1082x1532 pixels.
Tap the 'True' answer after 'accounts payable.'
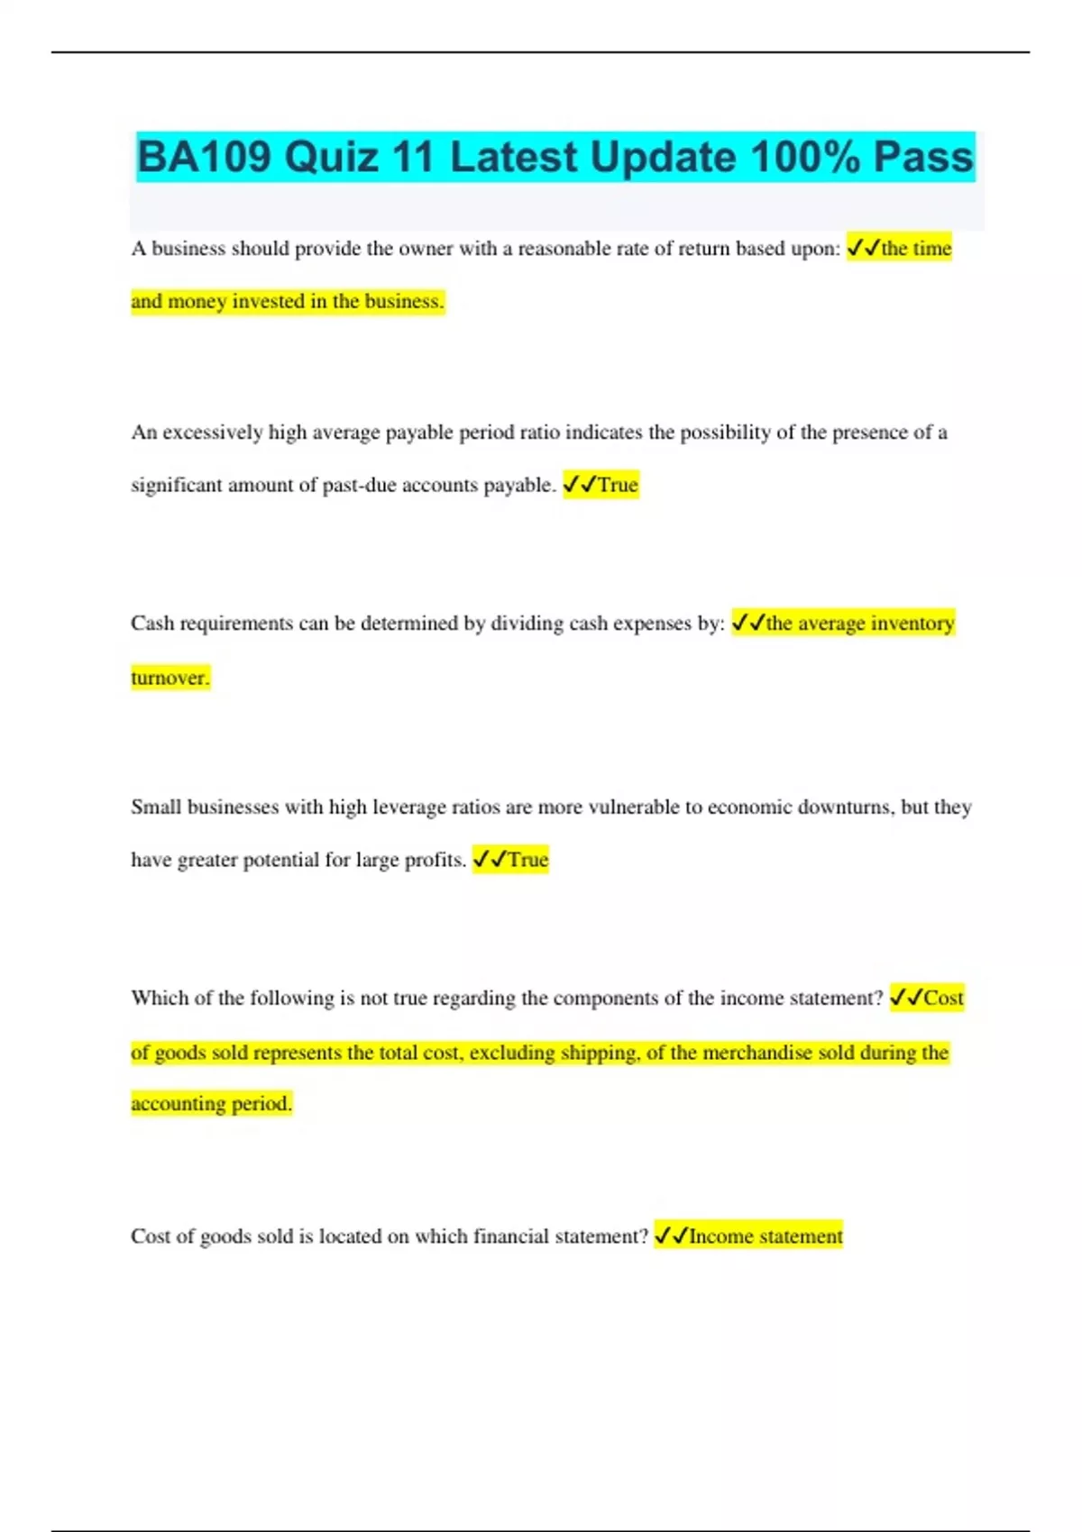(618, 485)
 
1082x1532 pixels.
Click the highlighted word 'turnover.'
(170, 678)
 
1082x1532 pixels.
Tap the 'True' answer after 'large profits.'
(527, 860)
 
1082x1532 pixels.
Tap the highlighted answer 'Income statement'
(766, 1236)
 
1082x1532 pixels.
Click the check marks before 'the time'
(863, 249)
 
